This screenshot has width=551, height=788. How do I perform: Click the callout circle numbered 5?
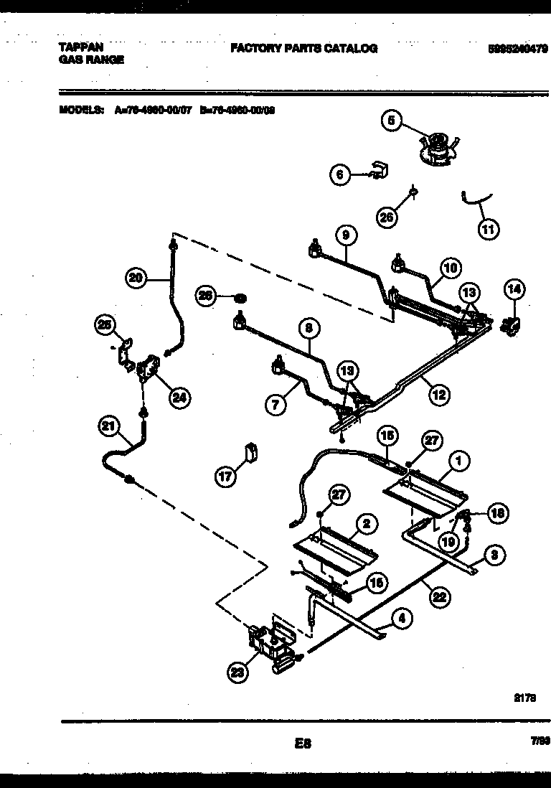point(392,121)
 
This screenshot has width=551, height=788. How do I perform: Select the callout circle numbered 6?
point(341,174)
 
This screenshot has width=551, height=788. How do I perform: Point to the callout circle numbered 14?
point(514,289)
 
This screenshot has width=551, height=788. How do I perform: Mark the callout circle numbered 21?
point(108,427)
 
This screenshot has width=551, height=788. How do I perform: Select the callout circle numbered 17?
point(227,477)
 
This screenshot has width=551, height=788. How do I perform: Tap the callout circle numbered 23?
point(237,672)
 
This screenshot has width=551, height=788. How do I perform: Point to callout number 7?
point(275,404)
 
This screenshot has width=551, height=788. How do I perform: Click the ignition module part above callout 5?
point(435,149)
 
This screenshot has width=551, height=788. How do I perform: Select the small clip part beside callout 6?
point(377,170)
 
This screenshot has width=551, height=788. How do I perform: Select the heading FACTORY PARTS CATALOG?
point(303,49)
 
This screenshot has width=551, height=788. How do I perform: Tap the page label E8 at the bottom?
point(302,744)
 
